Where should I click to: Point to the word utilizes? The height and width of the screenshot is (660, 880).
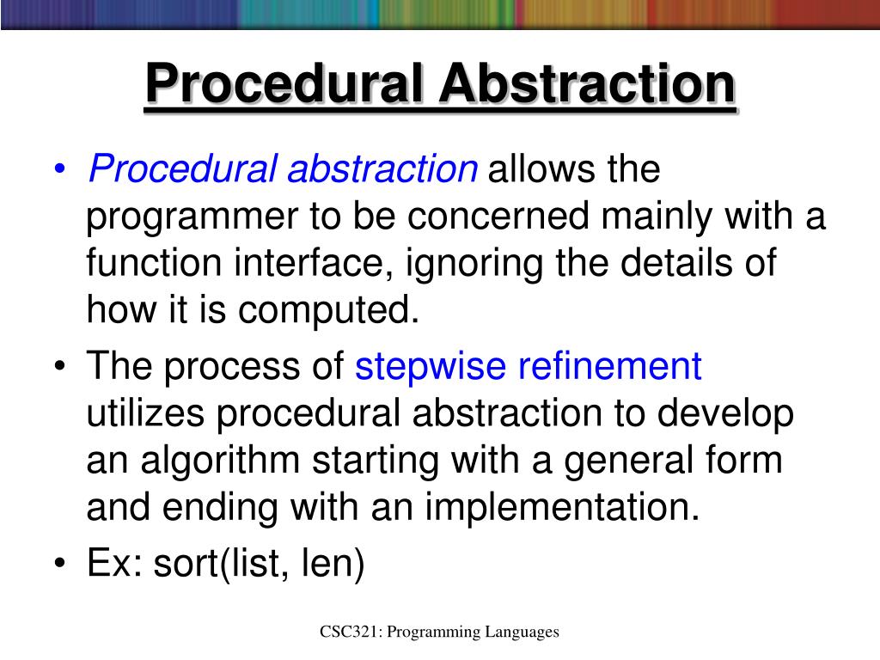click(x=145, y=414)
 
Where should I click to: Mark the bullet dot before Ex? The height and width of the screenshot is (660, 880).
click(x=58, y=565)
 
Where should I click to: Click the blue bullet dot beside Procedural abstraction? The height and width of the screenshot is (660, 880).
click(x=58, y=170)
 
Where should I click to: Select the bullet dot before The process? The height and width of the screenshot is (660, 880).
click(x=58, y=368)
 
